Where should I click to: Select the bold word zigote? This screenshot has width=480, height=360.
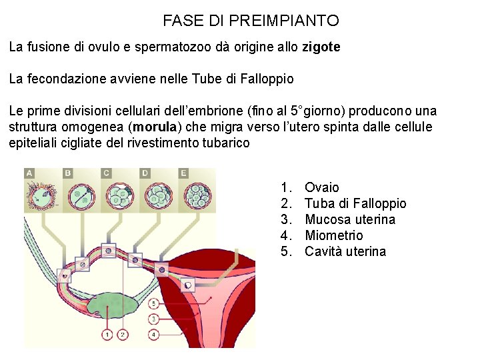point(321,47)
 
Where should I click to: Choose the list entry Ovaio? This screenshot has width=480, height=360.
point(321,187)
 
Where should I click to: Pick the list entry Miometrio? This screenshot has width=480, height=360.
point(333,235)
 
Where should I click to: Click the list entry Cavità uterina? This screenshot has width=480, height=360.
point(345,251)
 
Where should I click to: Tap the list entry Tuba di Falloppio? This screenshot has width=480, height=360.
point(355,203)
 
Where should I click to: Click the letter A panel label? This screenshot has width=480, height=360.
point(29,173)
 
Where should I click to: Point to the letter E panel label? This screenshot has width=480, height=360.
point(184,173)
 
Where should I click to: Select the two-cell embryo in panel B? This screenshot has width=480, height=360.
point(82,194)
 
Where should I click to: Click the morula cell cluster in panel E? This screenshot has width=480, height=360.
point(199,193)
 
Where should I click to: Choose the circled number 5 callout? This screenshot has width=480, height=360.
point(154,303)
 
